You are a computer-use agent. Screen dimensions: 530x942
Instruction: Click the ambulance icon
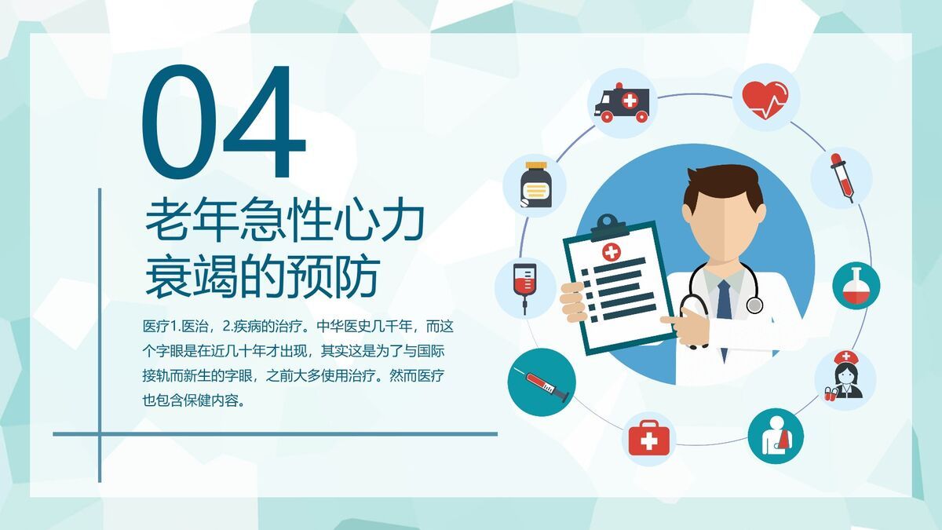coord(623,103)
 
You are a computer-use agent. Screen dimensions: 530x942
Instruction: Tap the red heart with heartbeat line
coord(765,98)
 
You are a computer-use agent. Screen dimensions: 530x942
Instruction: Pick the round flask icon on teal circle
coord(856,285)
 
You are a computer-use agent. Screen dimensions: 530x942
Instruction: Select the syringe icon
coord(542,382)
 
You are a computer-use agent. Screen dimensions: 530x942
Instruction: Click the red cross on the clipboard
coord(611,251)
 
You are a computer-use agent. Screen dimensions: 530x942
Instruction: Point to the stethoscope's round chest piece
coord(754,305)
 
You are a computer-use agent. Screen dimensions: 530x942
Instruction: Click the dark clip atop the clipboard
coord(609,226)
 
